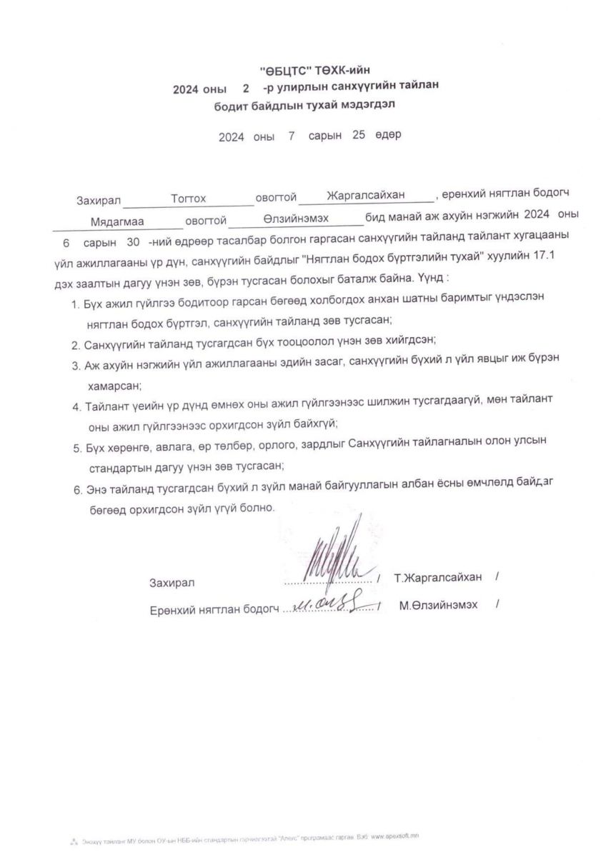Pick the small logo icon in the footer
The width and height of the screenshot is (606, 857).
[x=73, y=835]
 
